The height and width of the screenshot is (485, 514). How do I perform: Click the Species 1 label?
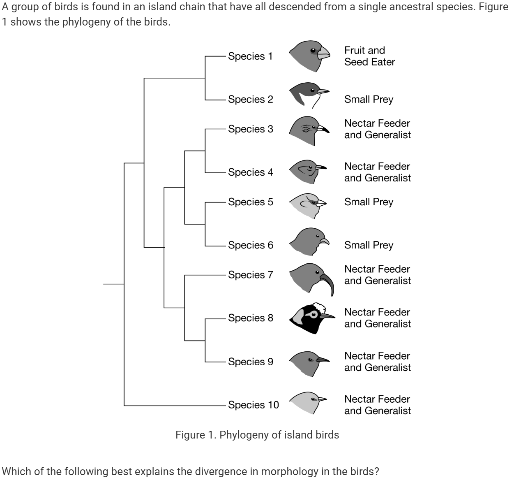(250, 56)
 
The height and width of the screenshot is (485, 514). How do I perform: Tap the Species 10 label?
(253, 405)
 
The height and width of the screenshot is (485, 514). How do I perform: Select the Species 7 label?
(250, 274)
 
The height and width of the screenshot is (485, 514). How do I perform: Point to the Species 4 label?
(250, 172)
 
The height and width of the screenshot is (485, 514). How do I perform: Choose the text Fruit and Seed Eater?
(369, 56)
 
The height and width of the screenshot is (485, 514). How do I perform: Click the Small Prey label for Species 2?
(369, 99)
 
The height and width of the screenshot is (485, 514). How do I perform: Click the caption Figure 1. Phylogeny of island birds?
(257, 435)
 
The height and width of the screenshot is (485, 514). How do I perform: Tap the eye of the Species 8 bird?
(314, 315)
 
